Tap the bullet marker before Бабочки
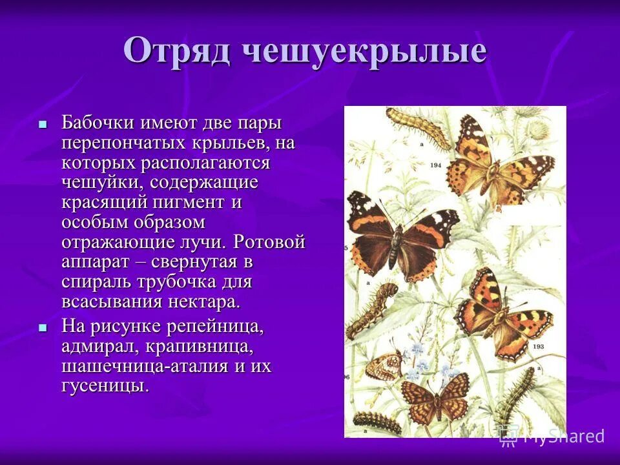43,123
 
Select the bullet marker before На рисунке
43,327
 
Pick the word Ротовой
269,243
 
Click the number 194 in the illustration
436,166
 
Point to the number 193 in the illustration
539,347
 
